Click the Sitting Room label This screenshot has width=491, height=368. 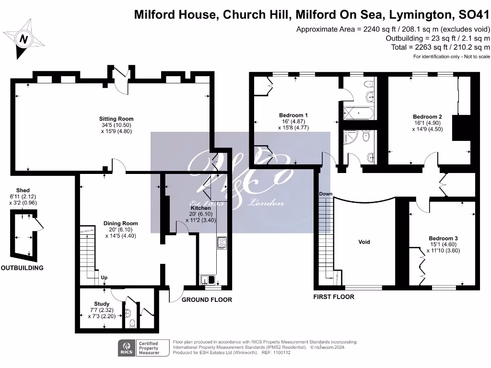(x=116, y=119)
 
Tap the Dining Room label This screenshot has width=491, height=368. (x=120, y=223)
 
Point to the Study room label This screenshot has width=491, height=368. (x=102, y=304)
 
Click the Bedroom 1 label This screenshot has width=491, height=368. (x=293, y=115)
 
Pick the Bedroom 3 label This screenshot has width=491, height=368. (x=443, y=238)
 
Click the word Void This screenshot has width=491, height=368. (x=364, y=242)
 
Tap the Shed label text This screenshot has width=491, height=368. (x=23, y=190)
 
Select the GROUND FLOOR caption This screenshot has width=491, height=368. (x=207, y=300)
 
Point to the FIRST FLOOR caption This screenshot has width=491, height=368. (x=334, y=297)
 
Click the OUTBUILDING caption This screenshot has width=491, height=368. (x=22, y=268)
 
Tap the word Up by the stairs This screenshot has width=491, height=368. (x=104, y=277)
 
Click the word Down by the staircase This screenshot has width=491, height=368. (x=326, y=194)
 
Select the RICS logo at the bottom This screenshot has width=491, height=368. (x=127, y=347)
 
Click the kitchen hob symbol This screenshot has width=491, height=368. (x=222, y=243)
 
